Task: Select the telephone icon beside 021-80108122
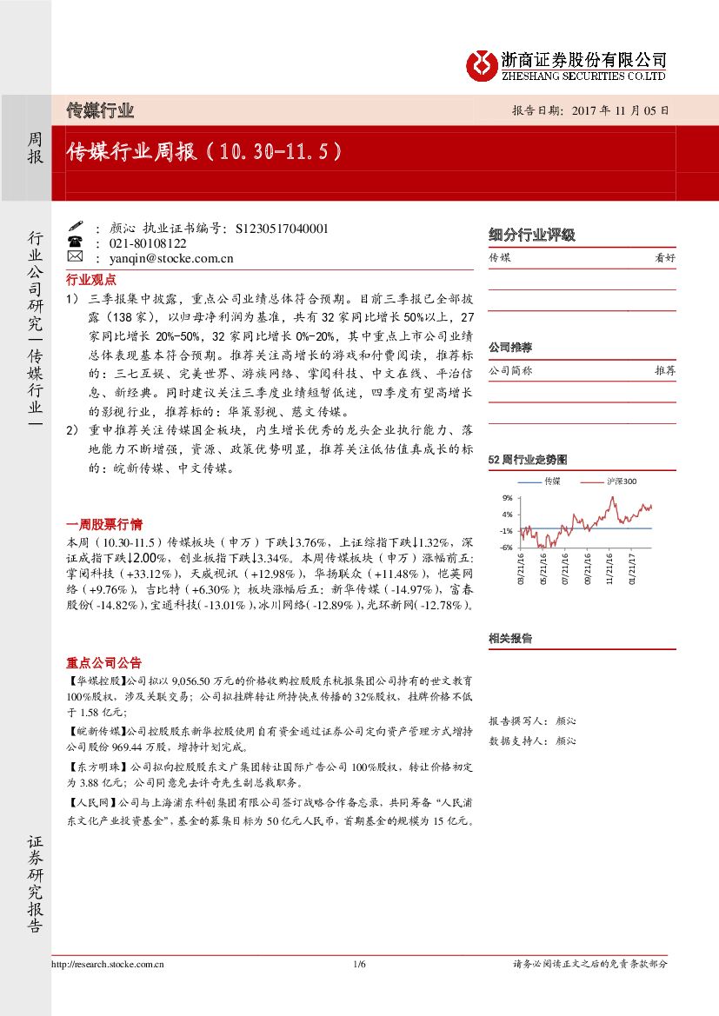[x=75, y=243]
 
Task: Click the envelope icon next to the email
[x=75, y=258]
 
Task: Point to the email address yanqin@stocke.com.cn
[x=170, y=258]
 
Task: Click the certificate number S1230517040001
[x=282, y=229]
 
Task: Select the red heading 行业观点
[x=91, y=280]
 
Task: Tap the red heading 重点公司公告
[x=104, y=663]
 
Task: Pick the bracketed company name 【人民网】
[x=91, y=804]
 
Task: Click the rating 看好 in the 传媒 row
[x=664, y=258]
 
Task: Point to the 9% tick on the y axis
[x=506, y=498]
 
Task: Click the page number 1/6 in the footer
[x=360, y=964]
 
